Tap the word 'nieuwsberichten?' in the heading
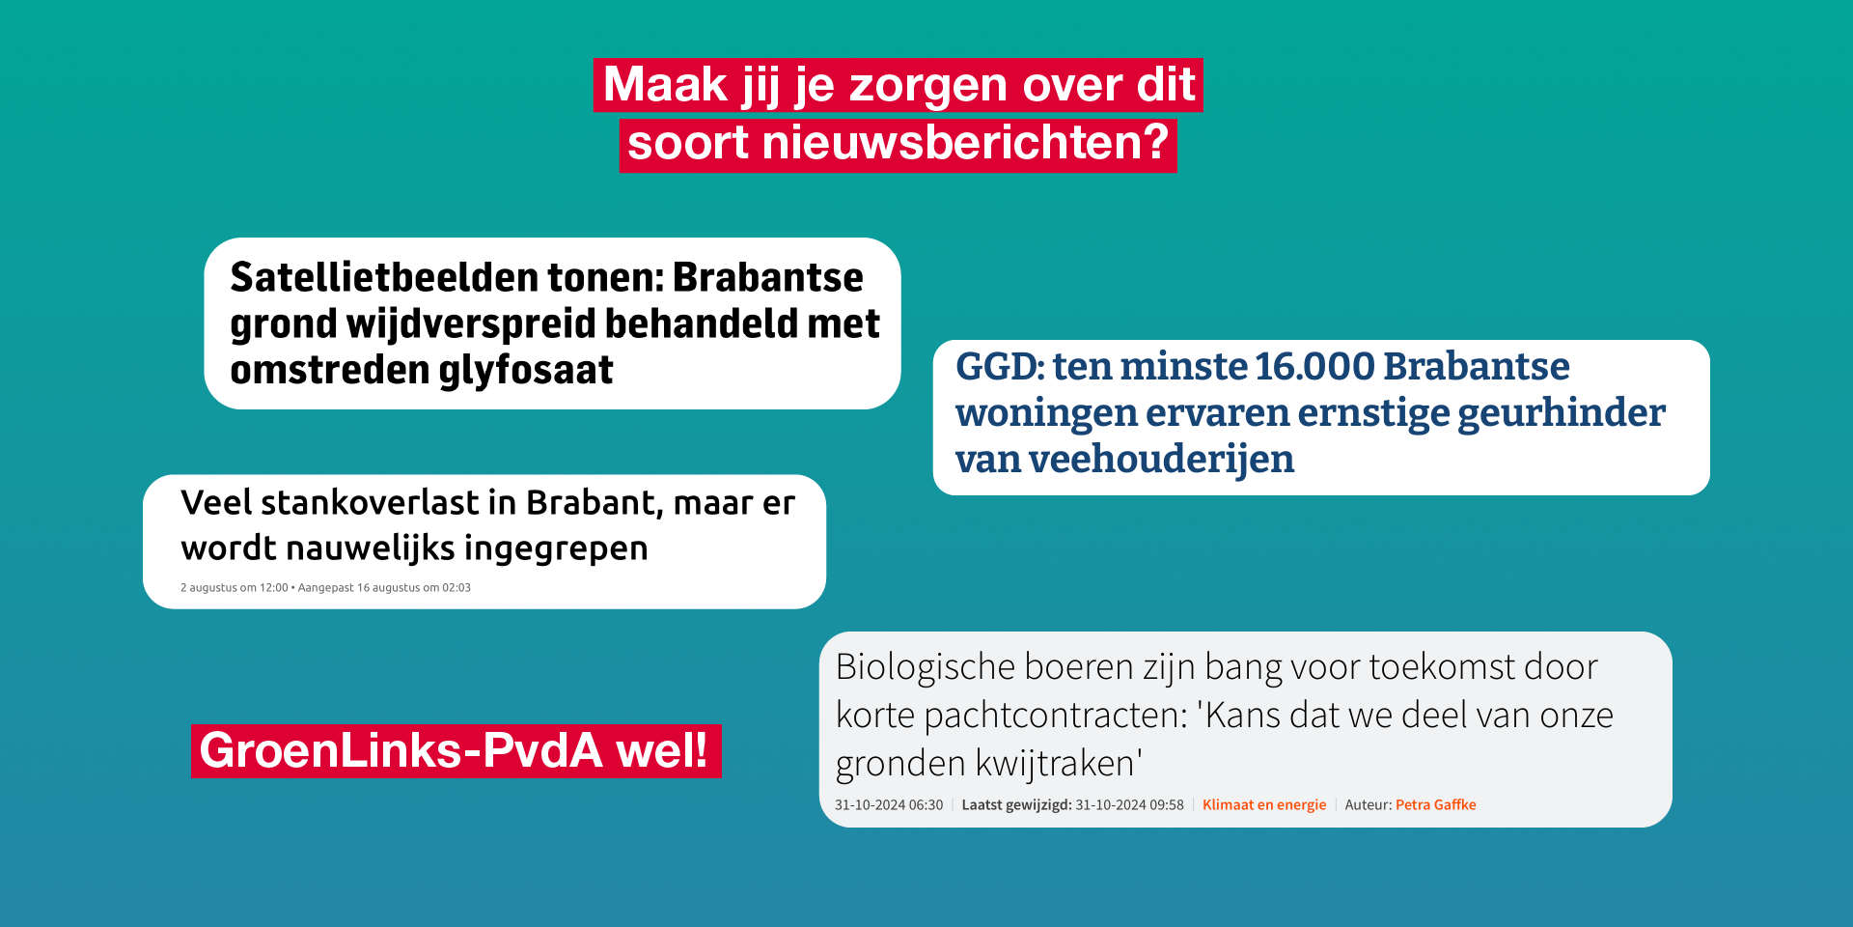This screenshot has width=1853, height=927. pyautogui.click(x=965, y=143)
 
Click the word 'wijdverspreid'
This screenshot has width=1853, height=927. pyautogui.click(x=470, y=323)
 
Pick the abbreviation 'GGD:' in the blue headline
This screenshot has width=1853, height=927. pyautogui.click(x=1000, y=366)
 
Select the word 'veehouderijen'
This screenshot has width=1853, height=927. pyautogui.click(x=1161, y=459)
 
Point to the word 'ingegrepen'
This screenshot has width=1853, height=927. pyautogui.click(x=556, y=548)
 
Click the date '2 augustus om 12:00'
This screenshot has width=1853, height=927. pyautogui.click(x=235, y=587)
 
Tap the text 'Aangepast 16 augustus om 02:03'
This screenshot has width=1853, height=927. pyautogui.click(x=384, y=587)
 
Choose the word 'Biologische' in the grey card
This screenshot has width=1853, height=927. pyautogui.click(x=926, y=667)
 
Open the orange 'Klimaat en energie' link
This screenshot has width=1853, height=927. pyautogui.click(x=1264, y=804)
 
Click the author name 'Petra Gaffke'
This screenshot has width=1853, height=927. pyautogui.click(x=1436, y=804)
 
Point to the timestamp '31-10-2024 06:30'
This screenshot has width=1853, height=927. pyautogui.click(x=889, y=804)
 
